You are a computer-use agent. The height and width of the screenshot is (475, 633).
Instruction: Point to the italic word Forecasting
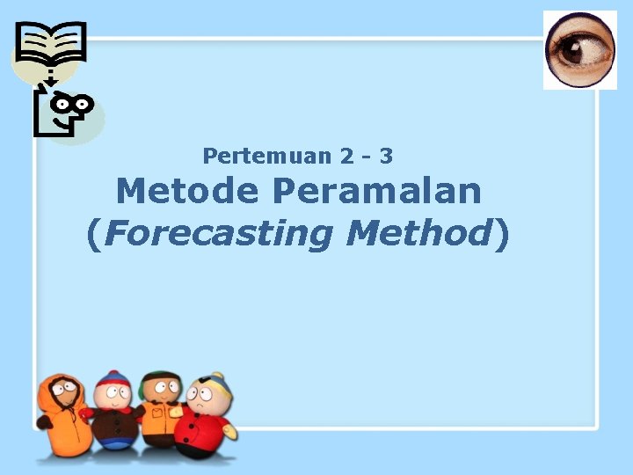221,233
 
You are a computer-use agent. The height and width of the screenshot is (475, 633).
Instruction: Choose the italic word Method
418,233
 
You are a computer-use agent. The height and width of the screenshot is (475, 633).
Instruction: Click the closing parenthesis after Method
502,234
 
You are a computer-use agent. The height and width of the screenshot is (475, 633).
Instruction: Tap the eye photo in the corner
579,50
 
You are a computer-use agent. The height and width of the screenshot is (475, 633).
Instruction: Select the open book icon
52,44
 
